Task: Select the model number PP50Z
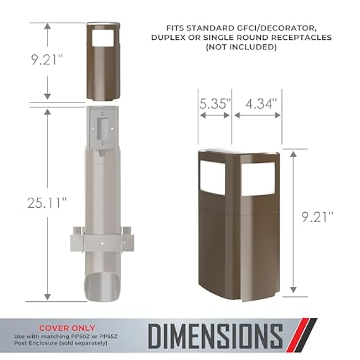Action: (x=81, y=336)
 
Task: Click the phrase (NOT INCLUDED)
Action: (x=241, y=47)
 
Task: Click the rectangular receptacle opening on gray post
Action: (x=102, y=126)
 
